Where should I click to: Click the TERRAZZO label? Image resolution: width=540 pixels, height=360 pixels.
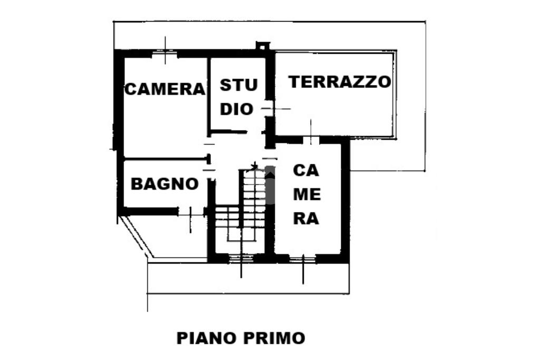point(340,82)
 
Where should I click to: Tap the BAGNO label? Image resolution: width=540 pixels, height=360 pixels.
point(165,184)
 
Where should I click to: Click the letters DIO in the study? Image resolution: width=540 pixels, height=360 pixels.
point(237,109)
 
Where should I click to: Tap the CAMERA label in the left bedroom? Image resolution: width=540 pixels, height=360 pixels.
point(164,89)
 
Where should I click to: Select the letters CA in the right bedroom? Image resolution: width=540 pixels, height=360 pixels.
point(306,171)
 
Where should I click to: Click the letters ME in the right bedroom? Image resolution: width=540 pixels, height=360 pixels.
point(307,194)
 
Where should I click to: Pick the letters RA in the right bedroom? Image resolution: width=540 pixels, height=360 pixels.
point(306,218)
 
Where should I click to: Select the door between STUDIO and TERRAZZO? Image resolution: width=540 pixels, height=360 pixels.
point(269,109)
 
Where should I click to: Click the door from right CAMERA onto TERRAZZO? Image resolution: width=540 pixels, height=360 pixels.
point(311,140)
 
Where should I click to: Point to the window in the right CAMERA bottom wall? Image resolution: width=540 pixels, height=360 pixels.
point(303,258)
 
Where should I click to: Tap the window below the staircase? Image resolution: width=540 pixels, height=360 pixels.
point(241,258)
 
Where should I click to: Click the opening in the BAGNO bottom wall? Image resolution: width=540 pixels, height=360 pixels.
point(190,212)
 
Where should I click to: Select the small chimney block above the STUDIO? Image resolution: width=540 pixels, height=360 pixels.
point(262,46)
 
